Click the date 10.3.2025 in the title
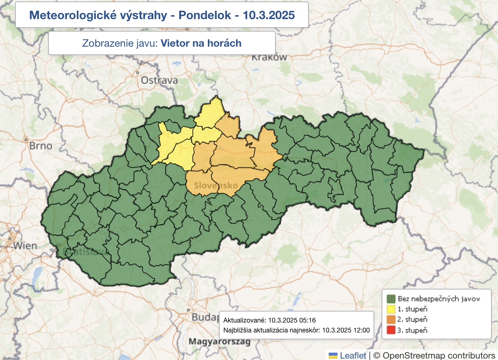click(268, 15)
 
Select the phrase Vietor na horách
click(201, 43)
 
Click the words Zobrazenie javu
click(120, 43)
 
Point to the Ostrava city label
click(159, 80)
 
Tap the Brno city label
click(40, 146)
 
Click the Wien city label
click(25, 245)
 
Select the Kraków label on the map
click(269, 57)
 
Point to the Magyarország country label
click(219, 341)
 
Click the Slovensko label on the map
click(216, 186)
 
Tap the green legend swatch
click(391, 299)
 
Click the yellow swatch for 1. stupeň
click(391, 309)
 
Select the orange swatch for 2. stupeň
click(391, 319)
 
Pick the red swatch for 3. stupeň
click(391, 330)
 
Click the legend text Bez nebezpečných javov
click(439, 299)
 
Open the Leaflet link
click(353, 355)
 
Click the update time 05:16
click(308, 320)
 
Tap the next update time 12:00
click(361, 330)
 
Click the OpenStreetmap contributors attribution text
click(439, 355)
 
